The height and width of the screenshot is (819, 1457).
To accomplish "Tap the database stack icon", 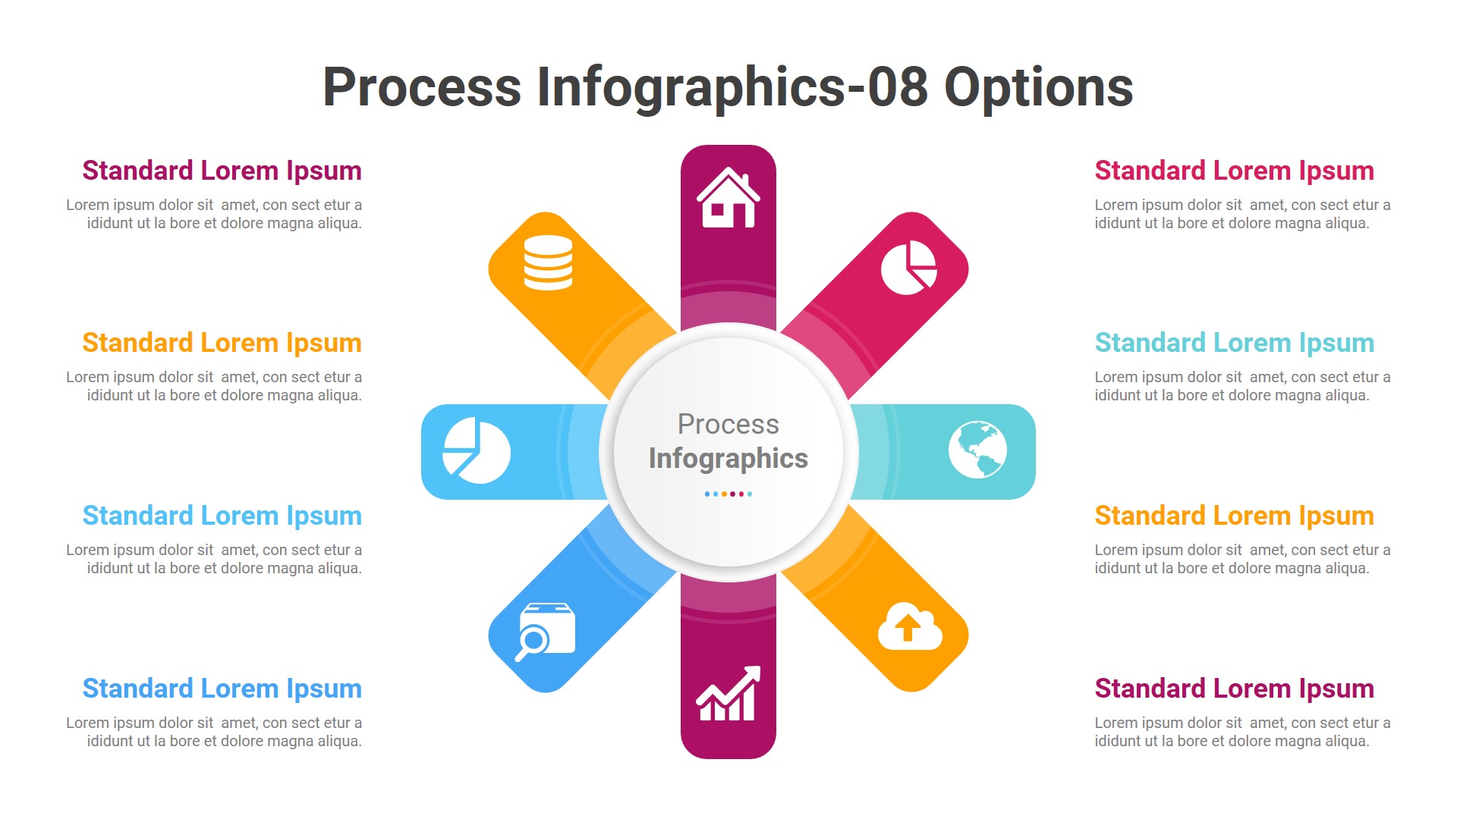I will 548,262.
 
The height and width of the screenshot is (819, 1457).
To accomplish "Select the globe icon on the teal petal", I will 977,450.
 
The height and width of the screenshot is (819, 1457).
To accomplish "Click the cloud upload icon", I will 909,627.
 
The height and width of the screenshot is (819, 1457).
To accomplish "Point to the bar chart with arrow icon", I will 728,694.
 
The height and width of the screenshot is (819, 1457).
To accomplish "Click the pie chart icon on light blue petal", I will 477,450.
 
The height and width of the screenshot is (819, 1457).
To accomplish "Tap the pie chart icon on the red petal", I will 908,268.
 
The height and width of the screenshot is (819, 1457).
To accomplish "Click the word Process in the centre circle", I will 728,424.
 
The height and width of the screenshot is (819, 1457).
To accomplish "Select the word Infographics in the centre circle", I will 728,458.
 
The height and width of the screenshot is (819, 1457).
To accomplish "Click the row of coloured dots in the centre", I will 728,494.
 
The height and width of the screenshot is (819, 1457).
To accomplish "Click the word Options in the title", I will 1038,87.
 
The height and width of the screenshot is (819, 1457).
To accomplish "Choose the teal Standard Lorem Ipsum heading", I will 1234,343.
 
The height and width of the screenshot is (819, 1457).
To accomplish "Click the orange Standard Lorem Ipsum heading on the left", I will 222,343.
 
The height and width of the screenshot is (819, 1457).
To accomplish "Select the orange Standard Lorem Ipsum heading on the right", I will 1234,516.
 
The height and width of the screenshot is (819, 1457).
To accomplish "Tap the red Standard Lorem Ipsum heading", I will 1234,171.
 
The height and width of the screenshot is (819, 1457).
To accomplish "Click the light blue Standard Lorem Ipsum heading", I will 222,516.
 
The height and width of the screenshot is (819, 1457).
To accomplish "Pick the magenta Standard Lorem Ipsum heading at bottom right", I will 1234,689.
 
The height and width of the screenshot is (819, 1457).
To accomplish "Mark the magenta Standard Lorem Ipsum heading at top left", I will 222,171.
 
